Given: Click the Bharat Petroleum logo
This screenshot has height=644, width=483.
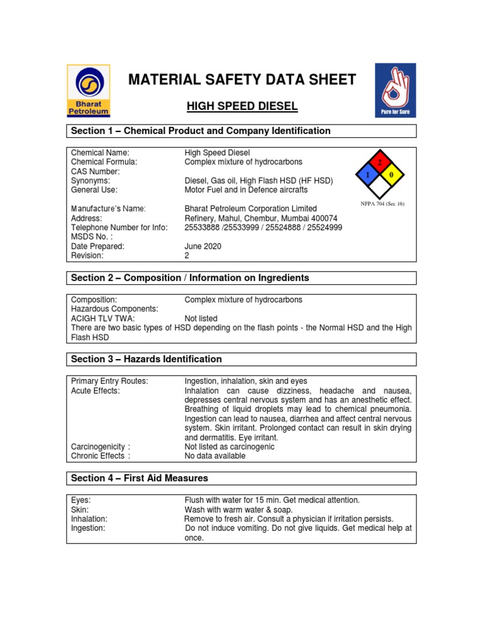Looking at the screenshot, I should click(89, 91).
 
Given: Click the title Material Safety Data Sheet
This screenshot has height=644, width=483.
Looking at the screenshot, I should click(242, 80).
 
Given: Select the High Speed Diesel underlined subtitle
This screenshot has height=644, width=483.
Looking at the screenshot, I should click(242, 106).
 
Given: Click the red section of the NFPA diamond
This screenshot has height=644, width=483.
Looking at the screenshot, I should click(379, 162).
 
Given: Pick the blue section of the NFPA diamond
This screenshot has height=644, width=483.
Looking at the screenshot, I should click(365, 174).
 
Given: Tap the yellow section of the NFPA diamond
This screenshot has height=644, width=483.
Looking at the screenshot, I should click(392, 174).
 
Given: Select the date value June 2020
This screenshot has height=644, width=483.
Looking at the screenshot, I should click(203, 247).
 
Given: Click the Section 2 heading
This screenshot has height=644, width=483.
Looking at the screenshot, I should click(190, 278).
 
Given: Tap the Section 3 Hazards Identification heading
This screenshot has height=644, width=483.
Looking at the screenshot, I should click(147, 359).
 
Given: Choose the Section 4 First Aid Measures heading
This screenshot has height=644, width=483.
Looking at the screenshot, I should click(140, 479).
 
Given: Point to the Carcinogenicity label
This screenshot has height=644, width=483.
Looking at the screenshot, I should click(101, 447).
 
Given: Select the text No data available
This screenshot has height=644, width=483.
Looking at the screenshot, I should click(214, 456).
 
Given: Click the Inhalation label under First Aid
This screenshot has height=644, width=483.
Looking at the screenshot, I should click(89, 519).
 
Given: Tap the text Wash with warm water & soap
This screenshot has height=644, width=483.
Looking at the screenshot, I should click(238, 509).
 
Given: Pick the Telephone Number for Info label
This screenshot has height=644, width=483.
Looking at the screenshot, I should click(119, 228).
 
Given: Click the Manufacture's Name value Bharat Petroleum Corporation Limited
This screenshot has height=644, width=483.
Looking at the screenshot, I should click(250, 209).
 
